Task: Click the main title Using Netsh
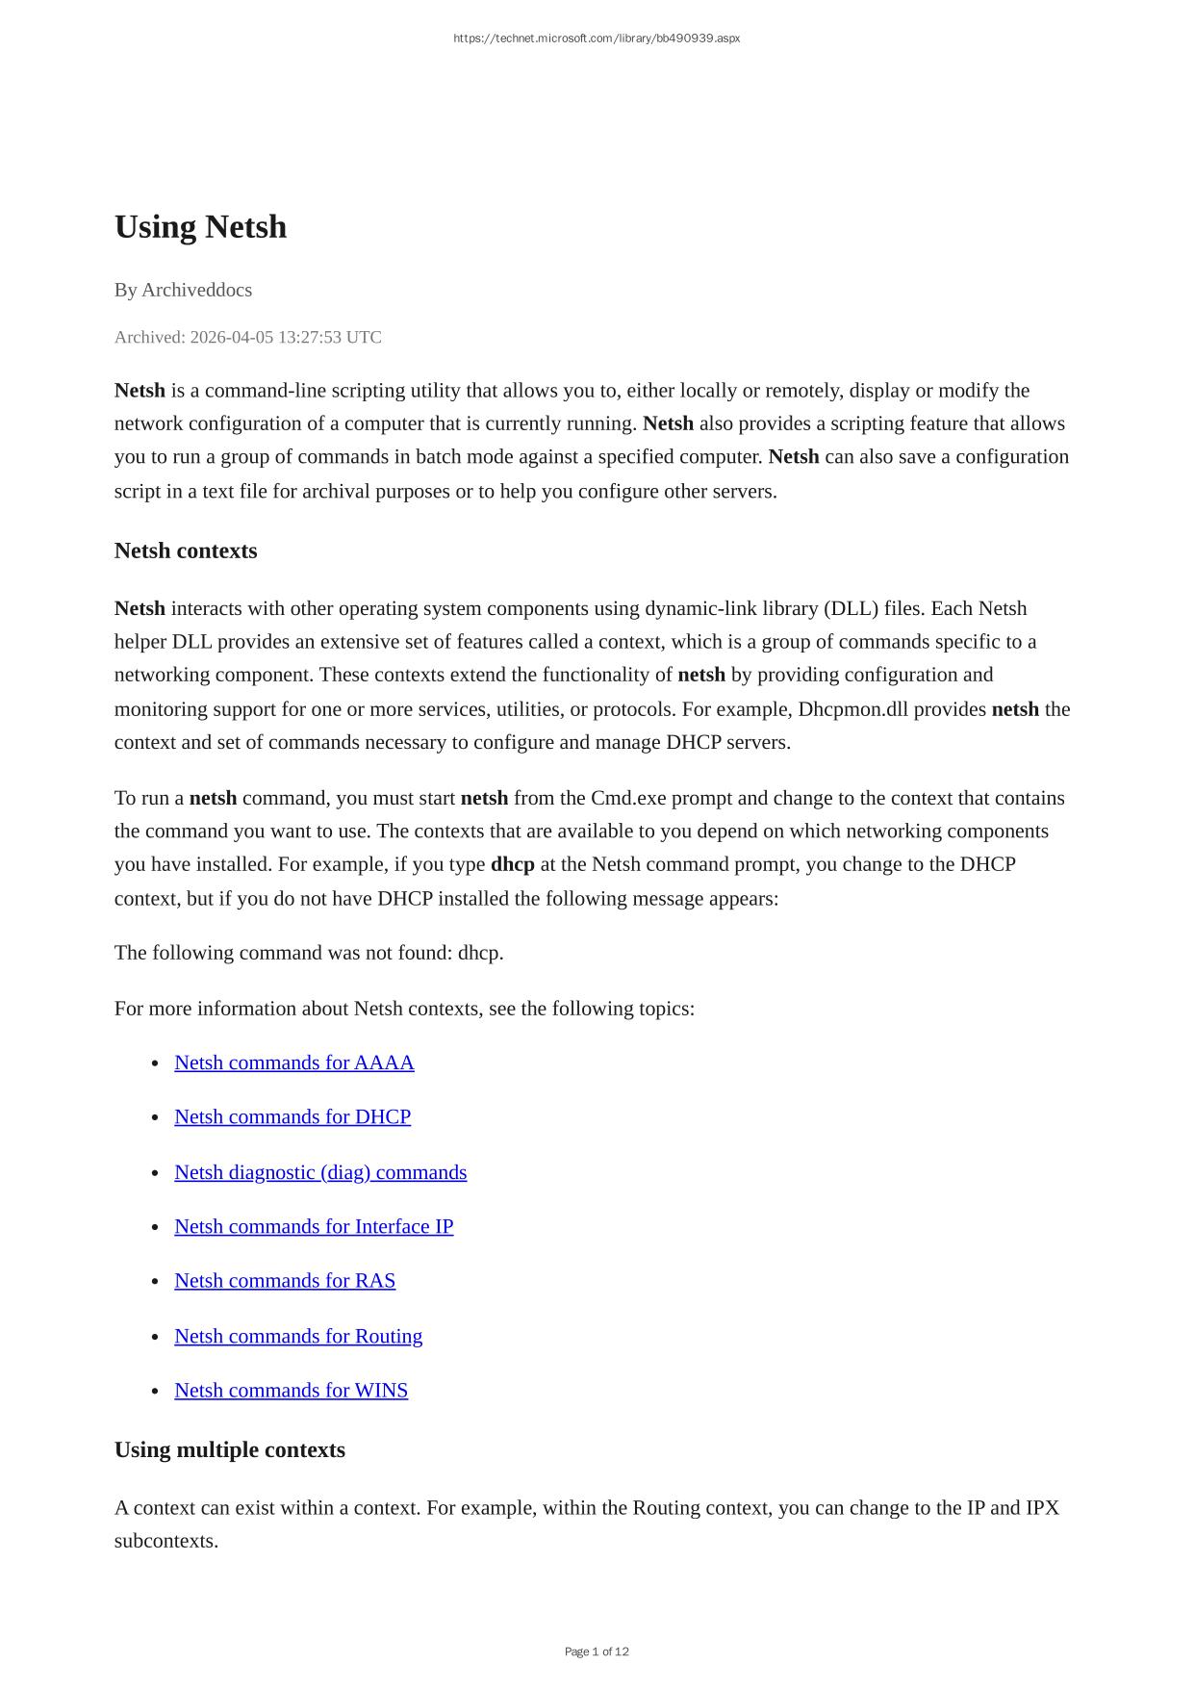click(200, 227)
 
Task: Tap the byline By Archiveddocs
click(183, 290)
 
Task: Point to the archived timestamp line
click(247, 337)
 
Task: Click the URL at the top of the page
click(597, 38)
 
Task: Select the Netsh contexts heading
click(186, 551)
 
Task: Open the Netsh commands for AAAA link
click(293, 1063)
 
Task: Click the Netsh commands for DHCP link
click(292, 1116)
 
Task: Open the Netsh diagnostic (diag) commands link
click(320, 1172)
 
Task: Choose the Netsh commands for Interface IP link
click(314, 1226)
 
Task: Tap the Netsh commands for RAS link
click(285, 1280)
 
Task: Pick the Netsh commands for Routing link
click(298, 1336)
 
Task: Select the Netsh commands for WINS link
click(291, 1390)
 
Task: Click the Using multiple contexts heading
click(229, 1449)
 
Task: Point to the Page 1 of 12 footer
click(597, 1652)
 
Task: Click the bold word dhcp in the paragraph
click(512, 864)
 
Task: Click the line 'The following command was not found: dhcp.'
click(309, 953)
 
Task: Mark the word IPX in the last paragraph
click(1042, 1507)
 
